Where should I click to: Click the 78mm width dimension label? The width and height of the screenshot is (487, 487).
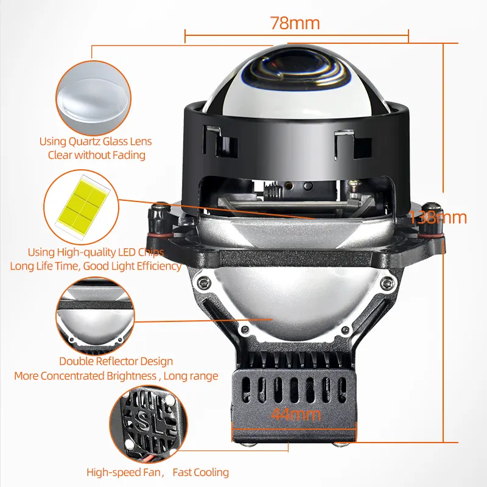[x=295, y=24]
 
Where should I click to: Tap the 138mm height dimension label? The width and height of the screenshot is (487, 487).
[x=438, y=217]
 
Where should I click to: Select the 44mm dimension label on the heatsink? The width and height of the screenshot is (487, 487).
[x=288, y=416]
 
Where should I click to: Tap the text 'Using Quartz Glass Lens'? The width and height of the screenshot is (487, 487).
[x=96, y=141]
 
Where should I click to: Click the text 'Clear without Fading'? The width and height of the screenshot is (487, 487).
[x=96, y=155]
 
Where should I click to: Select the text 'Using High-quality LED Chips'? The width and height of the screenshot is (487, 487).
[x=96, y=252]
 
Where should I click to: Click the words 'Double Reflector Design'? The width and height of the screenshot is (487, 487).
[x=116, y=362]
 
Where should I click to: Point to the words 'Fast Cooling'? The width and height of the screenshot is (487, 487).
[x=201, y=472]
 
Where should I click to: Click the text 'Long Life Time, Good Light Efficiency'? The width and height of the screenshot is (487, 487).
[x=96, y=266]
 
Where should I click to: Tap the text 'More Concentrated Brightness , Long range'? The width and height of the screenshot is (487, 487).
[x=116, y=376]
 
